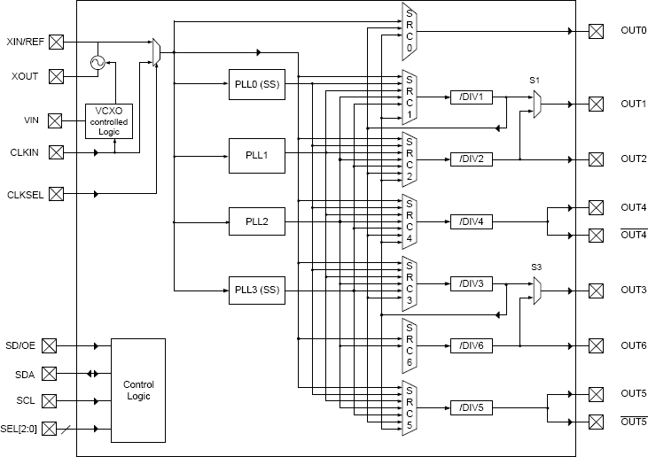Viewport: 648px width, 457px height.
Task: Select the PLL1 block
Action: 257,155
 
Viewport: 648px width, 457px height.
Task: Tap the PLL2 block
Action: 257,221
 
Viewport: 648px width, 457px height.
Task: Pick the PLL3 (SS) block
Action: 257,290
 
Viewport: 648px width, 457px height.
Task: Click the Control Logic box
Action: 137,390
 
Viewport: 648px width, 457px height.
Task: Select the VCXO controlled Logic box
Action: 108,120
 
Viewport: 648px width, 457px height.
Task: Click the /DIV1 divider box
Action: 472,97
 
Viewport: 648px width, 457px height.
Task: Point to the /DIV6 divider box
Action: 472,345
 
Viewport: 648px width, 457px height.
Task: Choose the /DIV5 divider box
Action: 472,407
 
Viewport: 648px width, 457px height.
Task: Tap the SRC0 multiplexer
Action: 409,32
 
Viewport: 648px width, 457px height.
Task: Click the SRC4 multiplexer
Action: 409,221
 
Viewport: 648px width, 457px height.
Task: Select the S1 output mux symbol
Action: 537,104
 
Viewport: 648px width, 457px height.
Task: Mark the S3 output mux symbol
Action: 537,290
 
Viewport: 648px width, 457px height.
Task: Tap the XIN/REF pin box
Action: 56,42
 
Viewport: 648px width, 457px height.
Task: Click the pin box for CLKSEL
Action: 56,193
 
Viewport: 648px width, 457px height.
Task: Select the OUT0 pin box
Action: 596,32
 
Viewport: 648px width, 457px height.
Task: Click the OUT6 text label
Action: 633,345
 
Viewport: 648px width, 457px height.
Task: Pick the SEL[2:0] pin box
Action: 56,429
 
